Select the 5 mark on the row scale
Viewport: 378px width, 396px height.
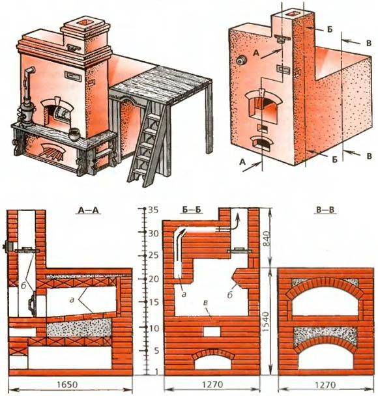point(154,350)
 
